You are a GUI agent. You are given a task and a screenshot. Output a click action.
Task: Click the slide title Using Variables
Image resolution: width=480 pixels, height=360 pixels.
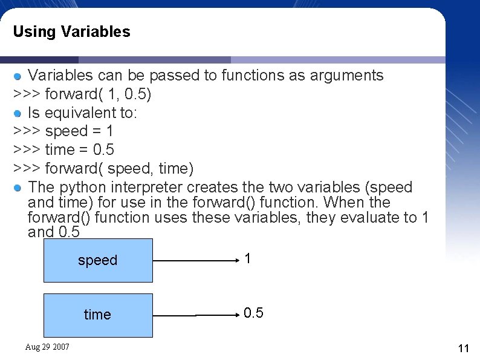click(71, 31)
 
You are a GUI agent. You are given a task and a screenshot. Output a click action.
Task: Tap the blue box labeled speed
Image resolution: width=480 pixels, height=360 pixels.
click(98, 260)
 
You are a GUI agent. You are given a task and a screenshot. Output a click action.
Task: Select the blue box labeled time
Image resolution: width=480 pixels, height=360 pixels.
click(98, 315)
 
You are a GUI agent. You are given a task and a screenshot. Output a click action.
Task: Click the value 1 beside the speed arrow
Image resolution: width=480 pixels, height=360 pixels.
click(248, 259)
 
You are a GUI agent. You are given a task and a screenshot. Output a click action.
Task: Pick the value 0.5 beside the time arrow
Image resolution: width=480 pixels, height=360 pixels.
click(253, 313)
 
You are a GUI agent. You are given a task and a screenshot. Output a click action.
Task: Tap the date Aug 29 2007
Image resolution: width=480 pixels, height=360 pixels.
click(47, 347)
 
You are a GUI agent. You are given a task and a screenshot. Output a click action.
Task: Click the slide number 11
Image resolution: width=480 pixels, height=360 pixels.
click(464, 349)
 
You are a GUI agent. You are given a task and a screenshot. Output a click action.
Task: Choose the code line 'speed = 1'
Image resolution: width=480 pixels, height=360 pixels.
click(63, 131)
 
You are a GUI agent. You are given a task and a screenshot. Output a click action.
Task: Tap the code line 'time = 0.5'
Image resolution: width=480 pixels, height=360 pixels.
click(63, 149)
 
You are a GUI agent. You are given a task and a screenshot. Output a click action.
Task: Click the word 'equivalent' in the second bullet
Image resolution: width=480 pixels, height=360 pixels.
click(89, 113)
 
